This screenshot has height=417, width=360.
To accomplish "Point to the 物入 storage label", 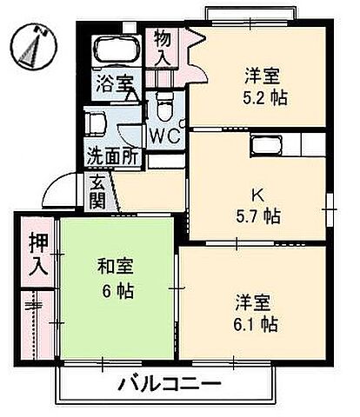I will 163,49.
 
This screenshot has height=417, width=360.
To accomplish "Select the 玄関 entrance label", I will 97,193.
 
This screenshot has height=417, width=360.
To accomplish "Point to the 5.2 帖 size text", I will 265,98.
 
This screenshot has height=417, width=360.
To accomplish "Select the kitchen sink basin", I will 263,143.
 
